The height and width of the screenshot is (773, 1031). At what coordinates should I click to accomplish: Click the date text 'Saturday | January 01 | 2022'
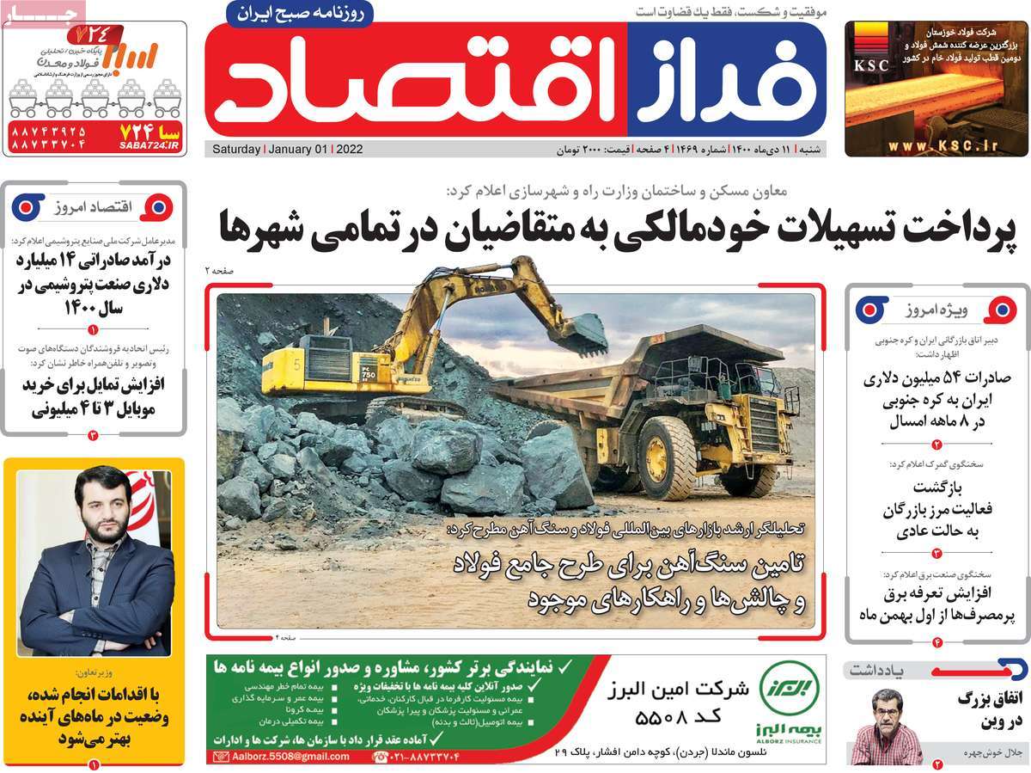pos(287,149)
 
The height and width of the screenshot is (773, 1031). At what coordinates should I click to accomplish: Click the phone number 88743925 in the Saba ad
pos(49,132)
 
